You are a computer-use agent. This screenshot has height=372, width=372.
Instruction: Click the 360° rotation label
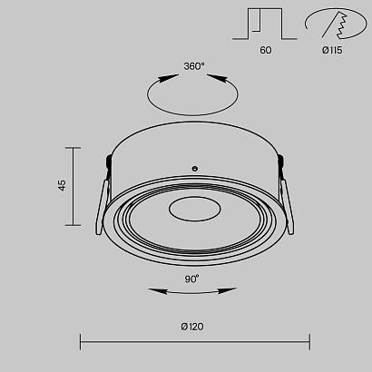pos(194,66)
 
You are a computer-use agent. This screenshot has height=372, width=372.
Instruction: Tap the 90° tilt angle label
pos(192,279)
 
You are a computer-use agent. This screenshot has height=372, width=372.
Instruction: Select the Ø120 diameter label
pos(192,327)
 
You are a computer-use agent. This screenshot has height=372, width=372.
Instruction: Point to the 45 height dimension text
pos(62,185)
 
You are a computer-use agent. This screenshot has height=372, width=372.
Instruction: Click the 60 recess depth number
pos(266,50)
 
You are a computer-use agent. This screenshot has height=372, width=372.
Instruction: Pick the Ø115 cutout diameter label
pos(332,50)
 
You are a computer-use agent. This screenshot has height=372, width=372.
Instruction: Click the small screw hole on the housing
pos(195,169)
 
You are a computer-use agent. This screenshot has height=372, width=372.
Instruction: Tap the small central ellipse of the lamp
pos(195,209)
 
